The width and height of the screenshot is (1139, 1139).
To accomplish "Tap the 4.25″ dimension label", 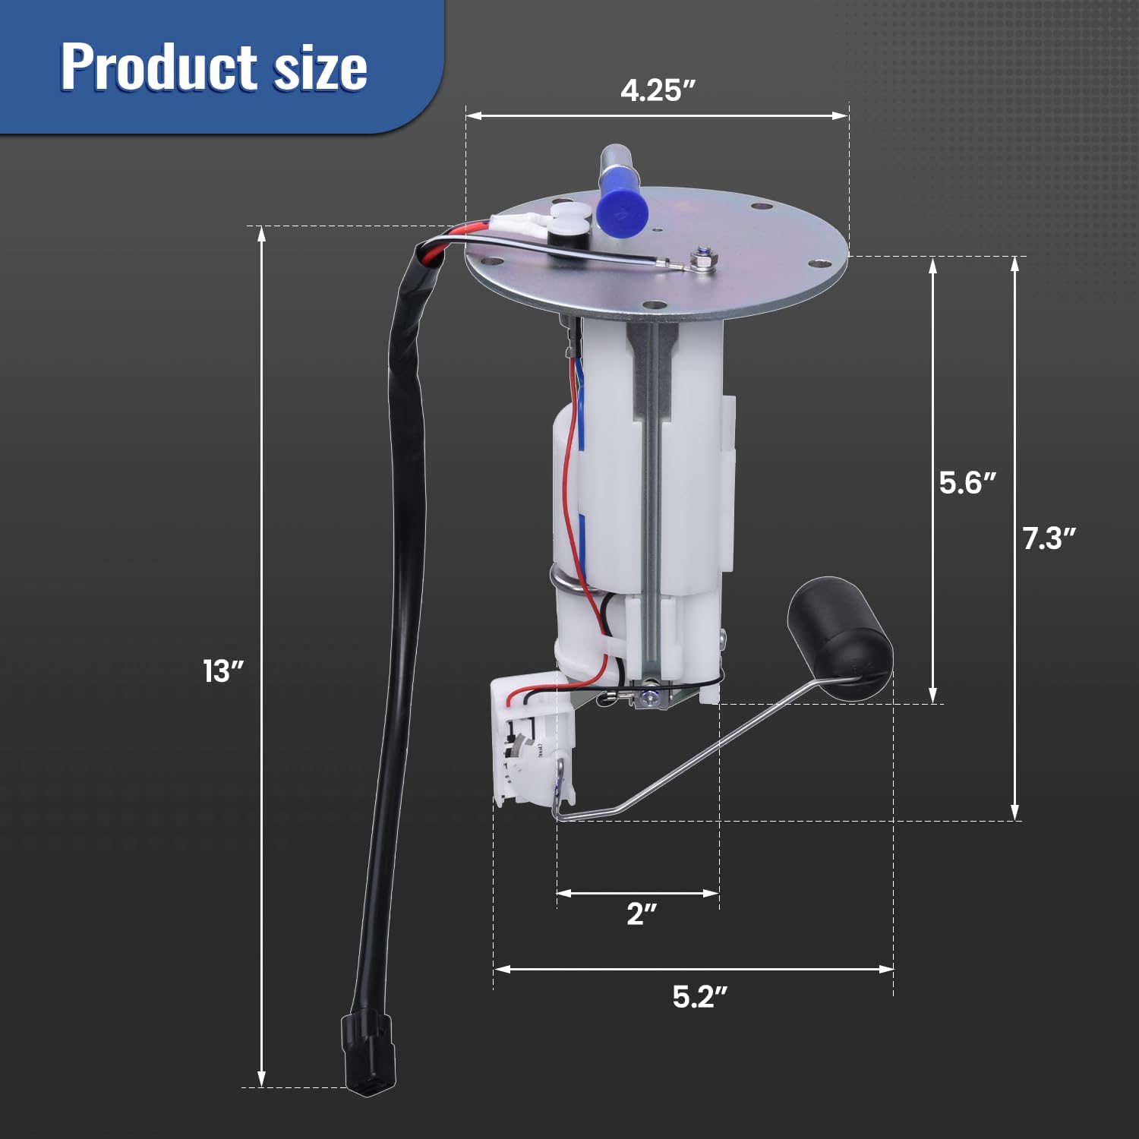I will click(658, 90).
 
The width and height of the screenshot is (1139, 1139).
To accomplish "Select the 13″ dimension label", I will click(222, 671).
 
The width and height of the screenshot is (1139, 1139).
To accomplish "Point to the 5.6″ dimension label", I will click(966, 483).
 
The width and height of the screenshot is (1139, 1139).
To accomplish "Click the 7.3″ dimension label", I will click(1049, 538).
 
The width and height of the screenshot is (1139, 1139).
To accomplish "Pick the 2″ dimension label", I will click(641, 914).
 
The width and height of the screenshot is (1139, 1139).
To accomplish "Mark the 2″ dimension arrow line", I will click(638, 893).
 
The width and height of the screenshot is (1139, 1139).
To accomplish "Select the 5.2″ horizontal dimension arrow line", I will click(693, 969).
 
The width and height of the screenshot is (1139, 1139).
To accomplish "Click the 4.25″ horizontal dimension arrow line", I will click(657, 115).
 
